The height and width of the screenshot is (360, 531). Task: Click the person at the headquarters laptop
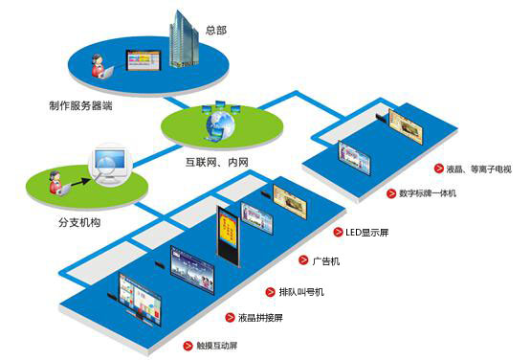click(x=98, y=67)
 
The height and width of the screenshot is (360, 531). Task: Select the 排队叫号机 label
click(x=286, y=289)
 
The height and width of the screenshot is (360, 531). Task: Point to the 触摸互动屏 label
click(x=217, y=344)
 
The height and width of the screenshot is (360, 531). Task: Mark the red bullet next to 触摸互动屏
click(x=188, y=344)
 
